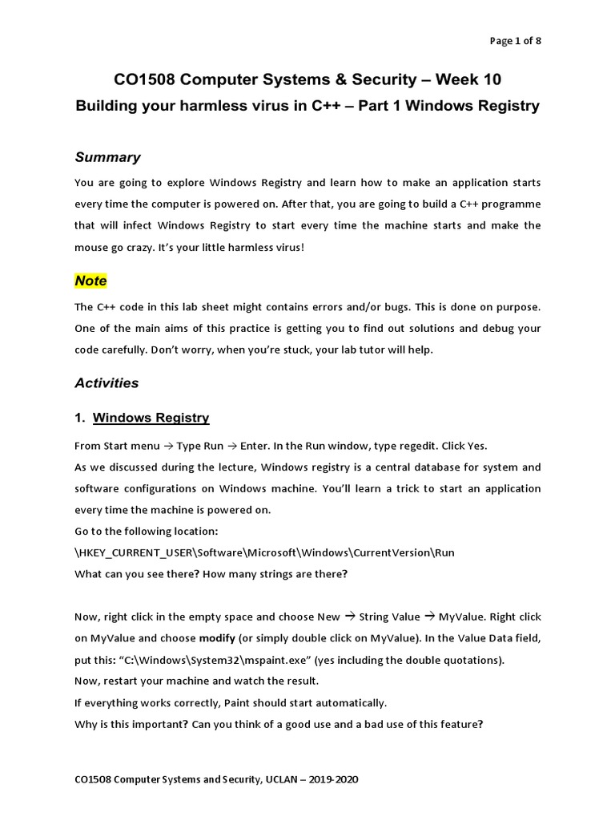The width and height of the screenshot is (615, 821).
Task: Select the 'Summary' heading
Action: click(107, 157)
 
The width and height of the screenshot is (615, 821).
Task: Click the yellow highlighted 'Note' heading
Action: click(90, 281)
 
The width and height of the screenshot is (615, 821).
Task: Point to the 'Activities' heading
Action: click(107, 383)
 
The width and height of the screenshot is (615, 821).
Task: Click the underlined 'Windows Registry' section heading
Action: click(151, 418)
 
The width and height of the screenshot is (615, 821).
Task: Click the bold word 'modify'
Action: click(216, 638)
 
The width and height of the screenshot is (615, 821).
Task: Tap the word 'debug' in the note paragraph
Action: click(500, 328)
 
